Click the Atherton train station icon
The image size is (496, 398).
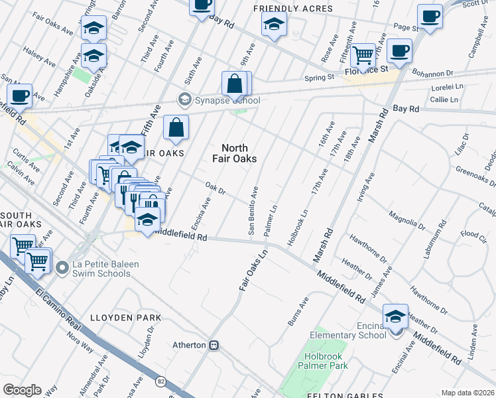[214, 345]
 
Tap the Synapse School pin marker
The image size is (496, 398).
[184, 100]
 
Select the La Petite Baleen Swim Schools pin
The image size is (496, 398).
[62, 267]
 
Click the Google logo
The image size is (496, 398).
[22, 389]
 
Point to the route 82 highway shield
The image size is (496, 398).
[161, 381]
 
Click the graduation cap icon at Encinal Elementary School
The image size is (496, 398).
[395, 317]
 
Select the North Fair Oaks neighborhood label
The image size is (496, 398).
[234, 153]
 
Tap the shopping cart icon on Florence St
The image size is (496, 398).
[363, 54]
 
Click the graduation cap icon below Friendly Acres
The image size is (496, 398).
[273, 25]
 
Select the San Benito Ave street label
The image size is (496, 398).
[253, 211]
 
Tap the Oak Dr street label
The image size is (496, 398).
[216, 188]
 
